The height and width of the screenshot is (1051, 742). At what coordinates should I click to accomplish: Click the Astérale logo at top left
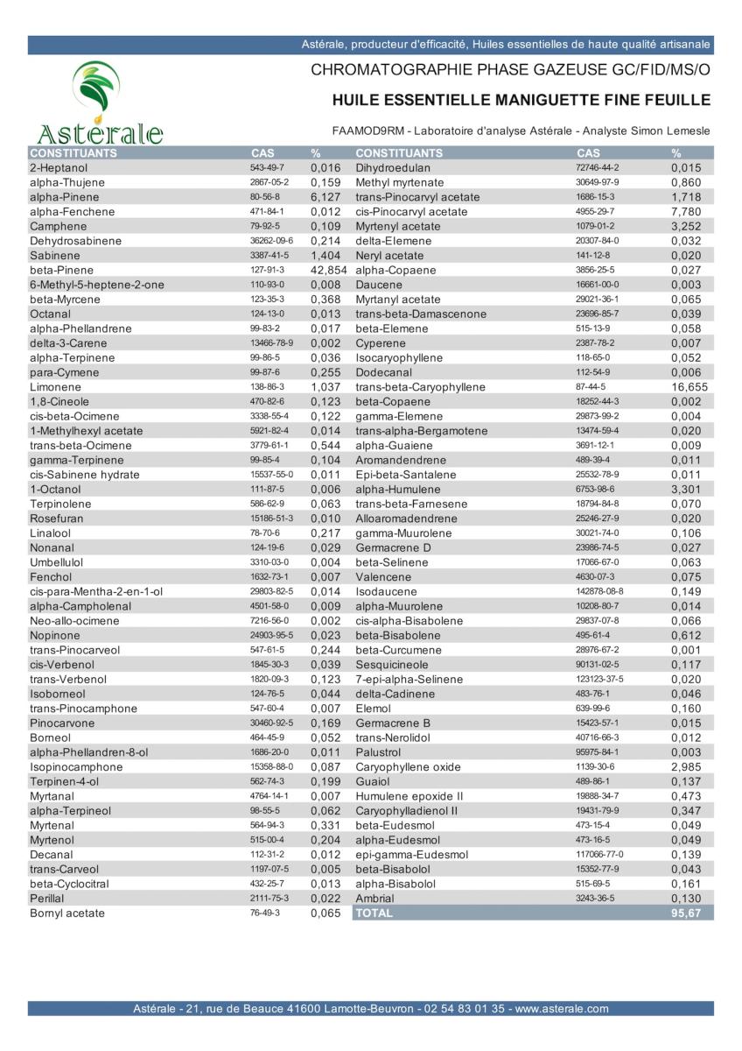[99, 102]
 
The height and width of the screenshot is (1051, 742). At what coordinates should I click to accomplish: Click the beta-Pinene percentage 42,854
[329, 270]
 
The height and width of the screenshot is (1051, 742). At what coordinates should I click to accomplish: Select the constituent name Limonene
[56, 387]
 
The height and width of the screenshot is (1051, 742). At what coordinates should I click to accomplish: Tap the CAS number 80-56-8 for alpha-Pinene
[262, 197]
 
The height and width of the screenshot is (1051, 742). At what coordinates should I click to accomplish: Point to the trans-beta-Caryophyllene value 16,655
[689, 387]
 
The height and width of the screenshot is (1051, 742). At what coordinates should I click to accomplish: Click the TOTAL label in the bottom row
[374, 913]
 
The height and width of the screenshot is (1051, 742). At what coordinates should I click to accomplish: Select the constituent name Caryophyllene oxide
[408, 766]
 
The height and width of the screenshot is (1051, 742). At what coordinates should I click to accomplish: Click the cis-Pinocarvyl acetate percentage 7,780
[689, 211]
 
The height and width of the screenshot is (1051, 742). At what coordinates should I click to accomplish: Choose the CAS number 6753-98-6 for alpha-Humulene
[595, 489]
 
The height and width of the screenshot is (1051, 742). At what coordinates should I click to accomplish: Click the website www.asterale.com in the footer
[562, 1009]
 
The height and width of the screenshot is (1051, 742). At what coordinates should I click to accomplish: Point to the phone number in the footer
[463, 1009]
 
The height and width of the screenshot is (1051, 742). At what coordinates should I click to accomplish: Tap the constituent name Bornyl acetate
[67, 913]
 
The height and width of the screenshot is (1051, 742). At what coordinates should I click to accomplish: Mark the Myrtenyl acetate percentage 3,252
[689, 226]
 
